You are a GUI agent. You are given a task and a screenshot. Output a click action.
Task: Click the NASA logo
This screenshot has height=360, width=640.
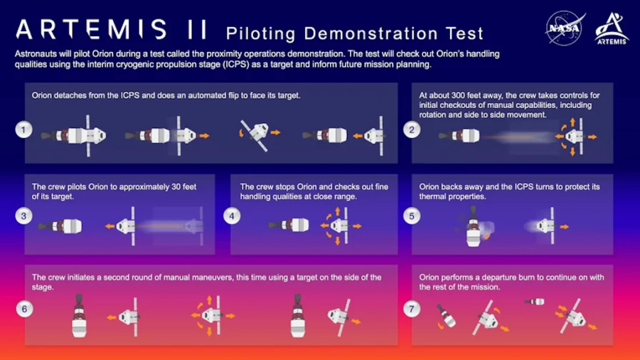tap(565, 28)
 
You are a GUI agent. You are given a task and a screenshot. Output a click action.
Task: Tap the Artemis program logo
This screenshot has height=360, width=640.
tap(612, 28)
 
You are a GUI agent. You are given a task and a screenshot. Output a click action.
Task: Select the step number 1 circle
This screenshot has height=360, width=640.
tap(23, 129)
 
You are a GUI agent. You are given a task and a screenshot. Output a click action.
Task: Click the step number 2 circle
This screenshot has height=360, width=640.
tap(412, 129)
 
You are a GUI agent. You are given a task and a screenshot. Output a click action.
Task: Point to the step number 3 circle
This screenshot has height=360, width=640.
tap(23, 216)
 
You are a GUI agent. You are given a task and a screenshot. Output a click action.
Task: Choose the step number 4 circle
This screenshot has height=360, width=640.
tap(232, 216)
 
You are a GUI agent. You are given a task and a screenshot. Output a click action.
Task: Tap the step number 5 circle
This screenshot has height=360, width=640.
tap(412, 216)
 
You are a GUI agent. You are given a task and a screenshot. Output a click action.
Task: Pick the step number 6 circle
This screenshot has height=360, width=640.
tap(24, 309)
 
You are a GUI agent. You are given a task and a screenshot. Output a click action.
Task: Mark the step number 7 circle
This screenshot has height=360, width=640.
tap(412, 309)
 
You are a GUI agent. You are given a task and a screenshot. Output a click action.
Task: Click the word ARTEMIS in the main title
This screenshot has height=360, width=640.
tap(91, 29)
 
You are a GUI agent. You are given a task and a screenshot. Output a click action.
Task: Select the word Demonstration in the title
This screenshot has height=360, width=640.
tap(371, 33)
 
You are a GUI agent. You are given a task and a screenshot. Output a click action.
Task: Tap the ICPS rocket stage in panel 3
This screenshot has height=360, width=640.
tap(60, 226)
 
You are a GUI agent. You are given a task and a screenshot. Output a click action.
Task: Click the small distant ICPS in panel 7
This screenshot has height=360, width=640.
tap(535, 302)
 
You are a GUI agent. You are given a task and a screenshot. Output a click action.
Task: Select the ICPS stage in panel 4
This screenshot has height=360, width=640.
tap(289, 225)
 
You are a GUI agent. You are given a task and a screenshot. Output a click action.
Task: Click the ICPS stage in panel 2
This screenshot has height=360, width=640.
tap(459, 135)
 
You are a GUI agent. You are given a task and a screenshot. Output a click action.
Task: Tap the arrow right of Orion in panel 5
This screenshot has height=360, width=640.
tap(565, 226)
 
